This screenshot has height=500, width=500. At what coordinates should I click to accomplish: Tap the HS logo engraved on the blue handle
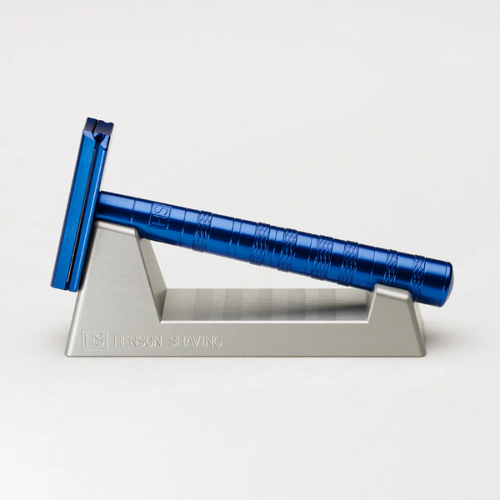[161, 216]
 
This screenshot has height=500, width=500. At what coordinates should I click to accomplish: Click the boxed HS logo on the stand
[94, 340]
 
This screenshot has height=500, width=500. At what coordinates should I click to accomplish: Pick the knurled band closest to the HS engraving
[202, 229]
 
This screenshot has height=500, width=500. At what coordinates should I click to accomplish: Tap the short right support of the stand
[392, 308]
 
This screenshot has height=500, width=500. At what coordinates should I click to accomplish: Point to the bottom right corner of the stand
[423, 352]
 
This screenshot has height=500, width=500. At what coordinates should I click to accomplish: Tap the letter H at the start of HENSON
[117, 341]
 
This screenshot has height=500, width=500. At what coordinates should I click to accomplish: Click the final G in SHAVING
[218, 342]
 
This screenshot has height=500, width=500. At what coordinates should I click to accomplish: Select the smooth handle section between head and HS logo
[125, 207]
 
